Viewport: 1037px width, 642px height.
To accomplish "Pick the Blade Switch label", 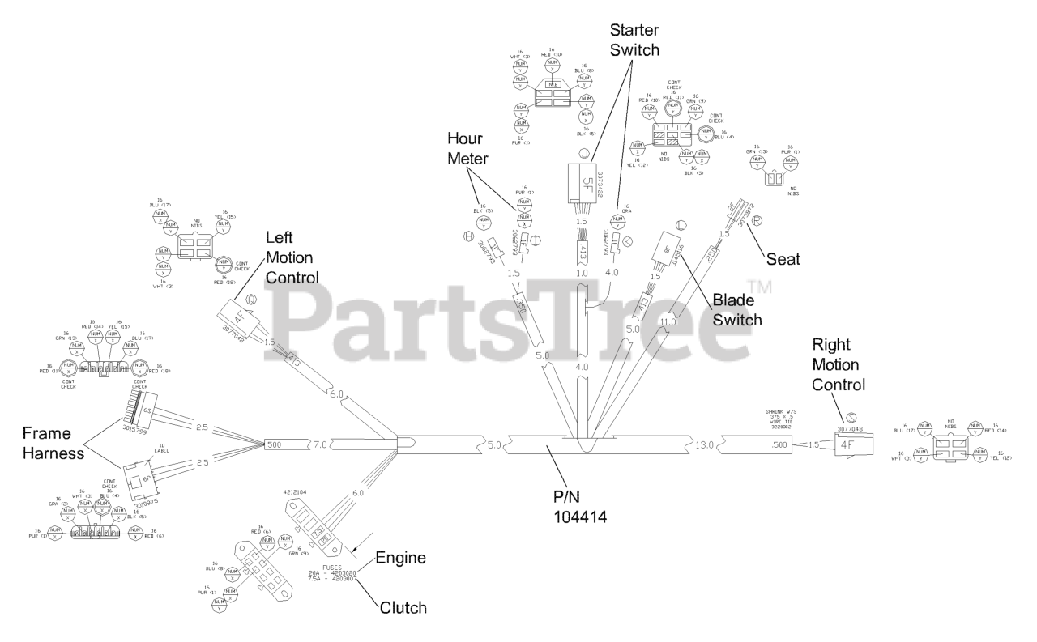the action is point(737,309).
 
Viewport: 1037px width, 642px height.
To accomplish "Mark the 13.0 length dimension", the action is point(707,443).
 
